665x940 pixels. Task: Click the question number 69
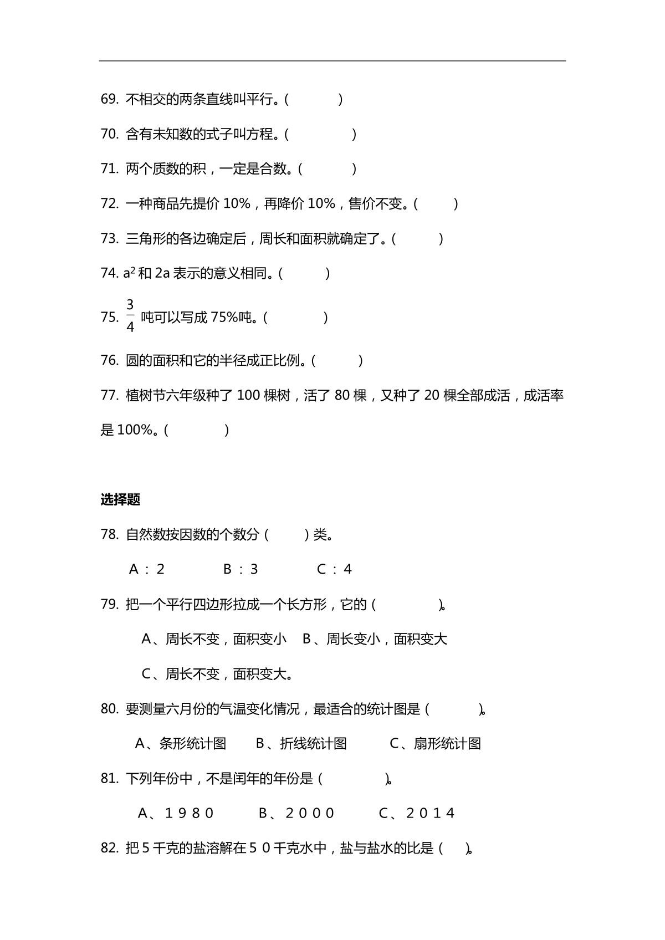pyautogui.click(x=109, y=100)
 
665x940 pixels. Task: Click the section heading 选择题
pyautogui.click(x=120, y=500)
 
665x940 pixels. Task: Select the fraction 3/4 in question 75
pyautogui.click(x=130, y=316)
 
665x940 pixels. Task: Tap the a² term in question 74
pyautogui.click(x=129, y=273)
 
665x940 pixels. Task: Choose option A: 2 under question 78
pyautogui.click(x=147, y=570)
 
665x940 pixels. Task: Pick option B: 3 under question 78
pyautogui.click(x=241, y=570)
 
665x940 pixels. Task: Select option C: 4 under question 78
pyautogui.click(x=335, y=570)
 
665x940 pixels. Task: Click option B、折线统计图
pyautogui.click(x=301, y=744)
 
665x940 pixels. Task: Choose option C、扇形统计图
pyautogui.click(x=436, y=744)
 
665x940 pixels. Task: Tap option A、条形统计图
pyautogui.click(x=181, y=744)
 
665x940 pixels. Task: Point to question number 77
pyautogui.click(x=109, y=396)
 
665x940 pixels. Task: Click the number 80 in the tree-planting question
pyautogui.click(x=342, y=396)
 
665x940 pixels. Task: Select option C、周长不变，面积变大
pyautogui.click(x=217, y=675)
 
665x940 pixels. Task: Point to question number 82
pyautogui.click(x=109, y=849)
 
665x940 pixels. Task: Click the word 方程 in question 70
pyautogui.click(x=259, y=135)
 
